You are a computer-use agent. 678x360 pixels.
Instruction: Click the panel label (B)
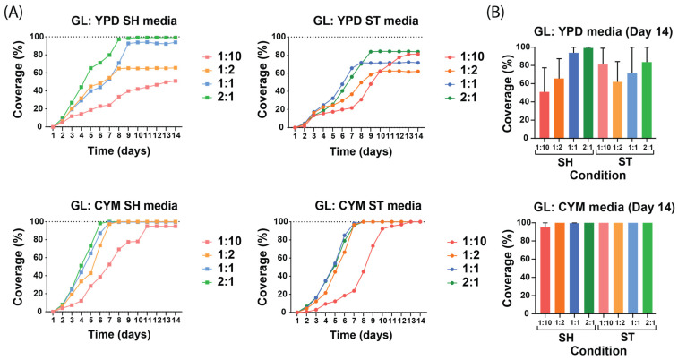510,13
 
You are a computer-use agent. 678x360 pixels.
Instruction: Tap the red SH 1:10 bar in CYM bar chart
544,270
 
